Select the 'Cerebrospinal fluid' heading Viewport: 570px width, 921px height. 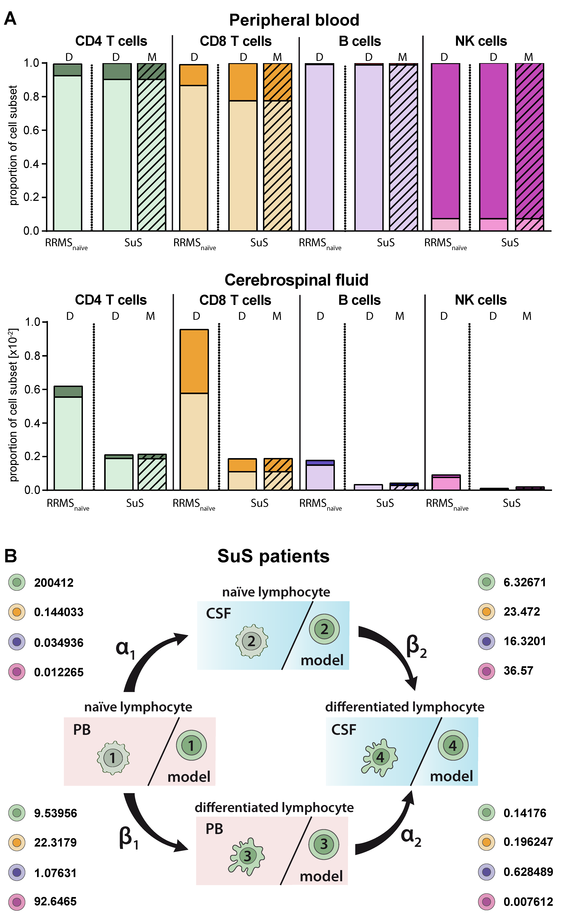tap(296, 280)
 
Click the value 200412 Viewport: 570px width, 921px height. tap(54, 583)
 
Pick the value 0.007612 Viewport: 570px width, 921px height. tap(528, 902)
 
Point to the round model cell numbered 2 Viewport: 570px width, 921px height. tap(324, 629)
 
